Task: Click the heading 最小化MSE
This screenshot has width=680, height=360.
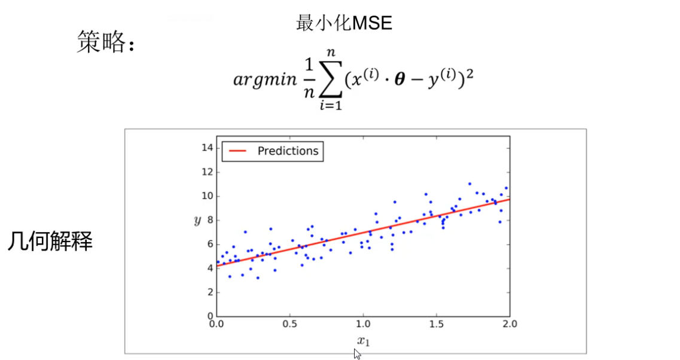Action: [x=344, y=23]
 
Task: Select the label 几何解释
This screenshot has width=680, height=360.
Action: [x=50, y=242]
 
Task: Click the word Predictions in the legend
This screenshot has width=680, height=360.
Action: [x=288, y=151]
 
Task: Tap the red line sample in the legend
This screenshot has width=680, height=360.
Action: [x=234, y=151]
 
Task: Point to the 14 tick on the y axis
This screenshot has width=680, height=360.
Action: [x=206, y=148]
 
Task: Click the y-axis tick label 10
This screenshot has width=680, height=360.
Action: [x=206, y=196]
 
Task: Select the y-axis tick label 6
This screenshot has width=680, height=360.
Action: [x=208, y=244]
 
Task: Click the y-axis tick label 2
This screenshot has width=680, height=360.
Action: [x=208, y=292]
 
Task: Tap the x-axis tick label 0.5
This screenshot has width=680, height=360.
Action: [x=289, y=324]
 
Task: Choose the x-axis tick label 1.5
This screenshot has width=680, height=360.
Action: [x=436, y=324]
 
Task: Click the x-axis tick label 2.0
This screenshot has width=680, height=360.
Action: [x=509, y=324]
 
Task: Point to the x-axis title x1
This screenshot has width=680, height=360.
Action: [x=364, y=341]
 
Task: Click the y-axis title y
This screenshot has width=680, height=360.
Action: [x=197, y=221]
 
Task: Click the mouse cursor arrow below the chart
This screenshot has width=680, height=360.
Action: [x=357, y=353]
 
